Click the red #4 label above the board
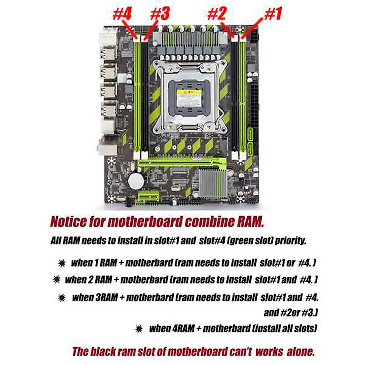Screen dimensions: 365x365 tap(122, 14)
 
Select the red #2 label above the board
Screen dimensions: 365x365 tap(217, 14)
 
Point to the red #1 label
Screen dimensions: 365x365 tap(273, 14)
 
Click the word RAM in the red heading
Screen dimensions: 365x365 tap(249, 222)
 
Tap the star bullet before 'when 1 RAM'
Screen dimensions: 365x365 tap(61, 263)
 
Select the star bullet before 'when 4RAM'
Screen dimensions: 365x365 tap(139, 328)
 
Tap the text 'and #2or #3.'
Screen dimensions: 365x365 tap(290, 313)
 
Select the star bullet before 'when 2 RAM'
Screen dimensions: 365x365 tap(56, 279)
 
